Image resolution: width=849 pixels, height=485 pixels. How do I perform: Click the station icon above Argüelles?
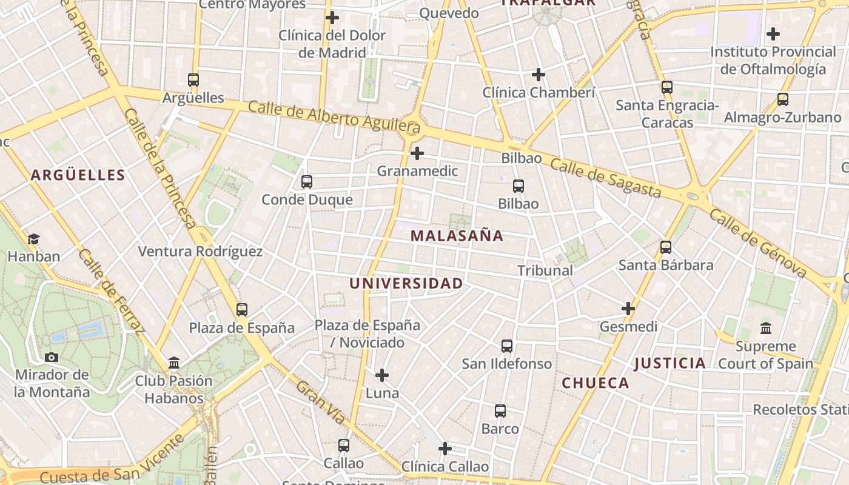pyautogui.click(x=193, y=80)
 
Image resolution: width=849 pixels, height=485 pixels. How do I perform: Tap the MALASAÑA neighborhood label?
pyautogui.click(x=457, y=236)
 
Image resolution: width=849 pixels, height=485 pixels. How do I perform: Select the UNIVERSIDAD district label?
pyautogui.click(x=406, y=283)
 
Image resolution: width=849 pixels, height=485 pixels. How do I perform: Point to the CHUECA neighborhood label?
pyautogui.click(x=595, y=383)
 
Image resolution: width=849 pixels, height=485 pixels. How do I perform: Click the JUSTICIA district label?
pyautogui.click(x=669, y=363)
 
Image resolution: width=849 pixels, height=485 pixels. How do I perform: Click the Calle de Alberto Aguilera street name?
pyautogui.click(x=334, y=116)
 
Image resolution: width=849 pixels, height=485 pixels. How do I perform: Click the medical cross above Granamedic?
pyautogui.click(x=417, y=153)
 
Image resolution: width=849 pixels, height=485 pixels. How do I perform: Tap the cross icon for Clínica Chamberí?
pyautogui.click(x=538, y=75)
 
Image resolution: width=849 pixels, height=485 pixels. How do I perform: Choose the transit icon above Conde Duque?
pyautogui.click(x=307, y=182)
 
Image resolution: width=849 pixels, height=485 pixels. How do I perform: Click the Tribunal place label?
pyautogui.click(x=545, y=270)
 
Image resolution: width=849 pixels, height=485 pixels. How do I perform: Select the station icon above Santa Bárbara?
pyautogui.click(x=666, y=247)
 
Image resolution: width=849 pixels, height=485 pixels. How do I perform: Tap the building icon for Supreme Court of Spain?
pyautogui.click(x=765, y=328)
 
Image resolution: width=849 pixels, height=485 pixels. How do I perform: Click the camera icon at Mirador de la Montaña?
pyautogui.click(x=52, y=357)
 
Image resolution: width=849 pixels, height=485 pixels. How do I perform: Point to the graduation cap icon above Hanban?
pyautogui.click(x=33, y=239)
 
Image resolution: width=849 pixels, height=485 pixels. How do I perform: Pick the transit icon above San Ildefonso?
pyautogui.click(x=507, y=346)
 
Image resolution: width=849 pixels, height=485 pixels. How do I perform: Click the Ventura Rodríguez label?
pyautogui.click(x=200, y=252)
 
